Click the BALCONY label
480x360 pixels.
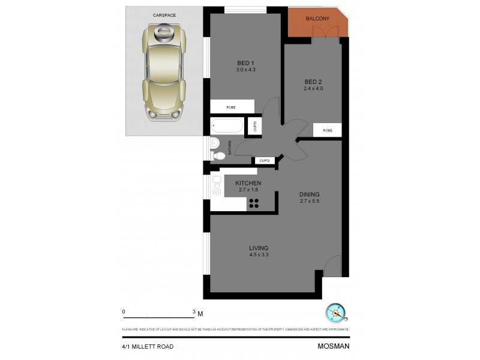[317, 19]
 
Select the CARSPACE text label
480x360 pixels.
[164, 14]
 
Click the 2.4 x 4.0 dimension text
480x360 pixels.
[313, 89]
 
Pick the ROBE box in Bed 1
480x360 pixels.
[232, 107]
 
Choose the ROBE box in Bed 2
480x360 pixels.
[328, 130]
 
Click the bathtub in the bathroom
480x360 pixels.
[227, 125]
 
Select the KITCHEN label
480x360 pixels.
[248, 183]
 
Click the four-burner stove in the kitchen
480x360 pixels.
[254, 203]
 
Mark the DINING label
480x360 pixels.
[310, 194]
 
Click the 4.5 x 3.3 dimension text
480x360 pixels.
[259, 255]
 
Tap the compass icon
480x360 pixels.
[336, 313]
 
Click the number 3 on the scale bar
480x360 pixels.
[194, 312]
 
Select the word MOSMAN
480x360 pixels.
[333, 346]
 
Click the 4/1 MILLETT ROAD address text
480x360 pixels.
[148, 346]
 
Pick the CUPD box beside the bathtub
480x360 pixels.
[255, 126]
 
